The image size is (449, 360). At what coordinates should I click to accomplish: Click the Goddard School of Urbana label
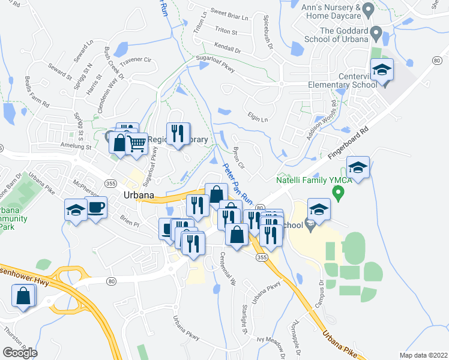tap(343, 36)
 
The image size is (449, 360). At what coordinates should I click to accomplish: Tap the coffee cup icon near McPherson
tap(96, 208)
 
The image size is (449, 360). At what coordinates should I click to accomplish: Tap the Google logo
tap(20, 352)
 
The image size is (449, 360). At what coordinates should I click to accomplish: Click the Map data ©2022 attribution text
tap(423, 355)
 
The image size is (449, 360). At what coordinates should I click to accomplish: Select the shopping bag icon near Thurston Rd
tap(23, 295)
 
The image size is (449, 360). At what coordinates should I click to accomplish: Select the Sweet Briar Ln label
tap(225, 13)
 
